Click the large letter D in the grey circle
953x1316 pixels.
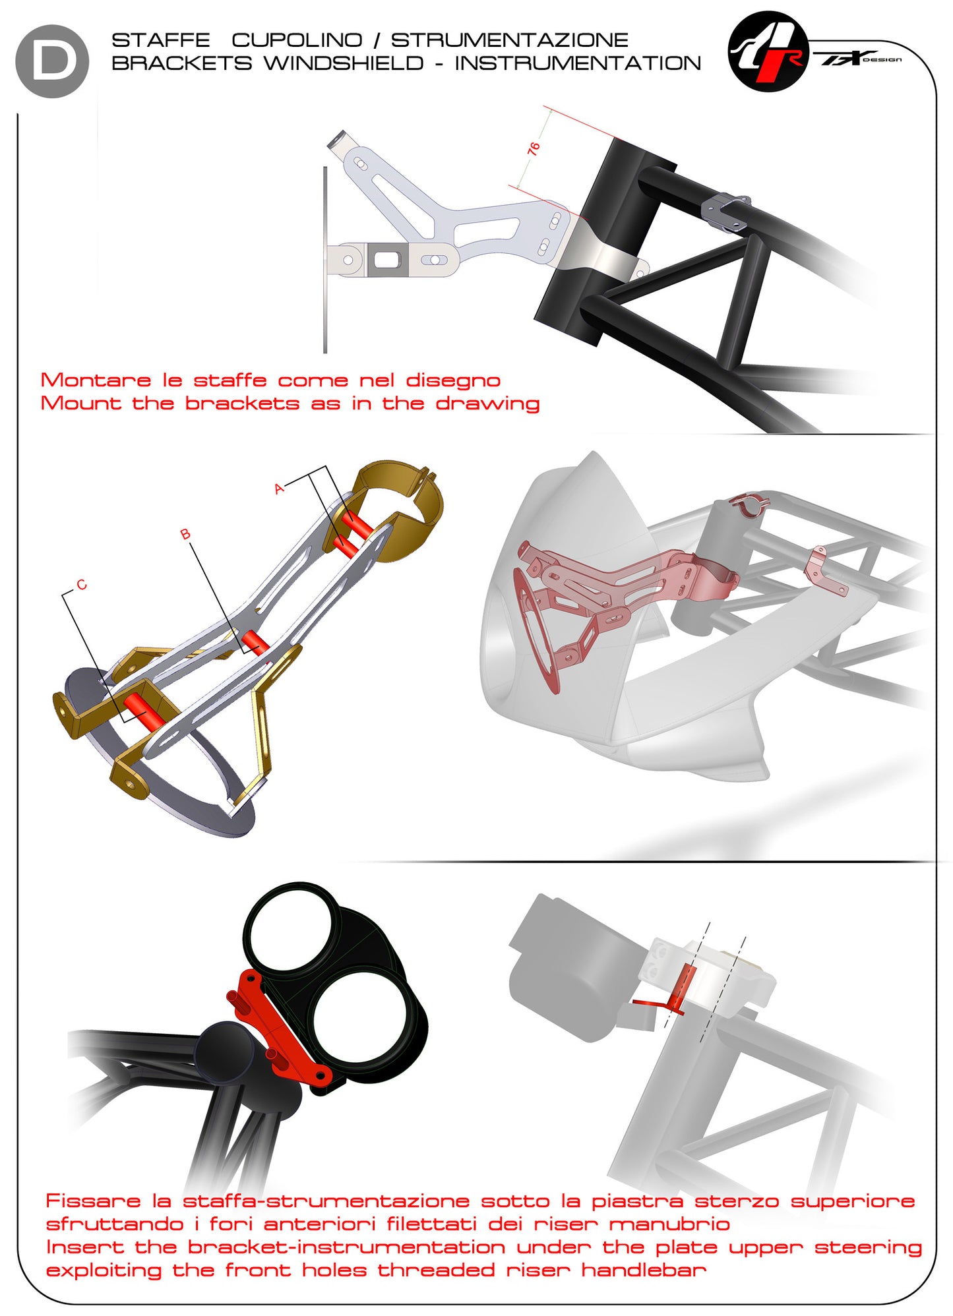(53, 61)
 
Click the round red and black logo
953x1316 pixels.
(768, 51)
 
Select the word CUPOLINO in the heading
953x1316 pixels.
(297, 40)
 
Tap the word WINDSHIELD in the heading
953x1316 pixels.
(344, 63)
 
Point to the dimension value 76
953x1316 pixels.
(534, 148)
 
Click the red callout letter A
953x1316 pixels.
(279, 489)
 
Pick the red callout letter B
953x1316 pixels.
(185, 534)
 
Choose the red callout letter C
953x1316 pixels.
(81, 585)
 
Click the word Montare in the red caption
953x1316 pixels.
(96, 380)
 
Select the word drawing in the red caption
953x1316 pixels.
(487, 403)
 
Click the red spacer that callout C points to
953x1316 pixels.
(142, 711)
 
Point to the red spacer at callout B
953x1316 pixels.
(255, 642)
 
